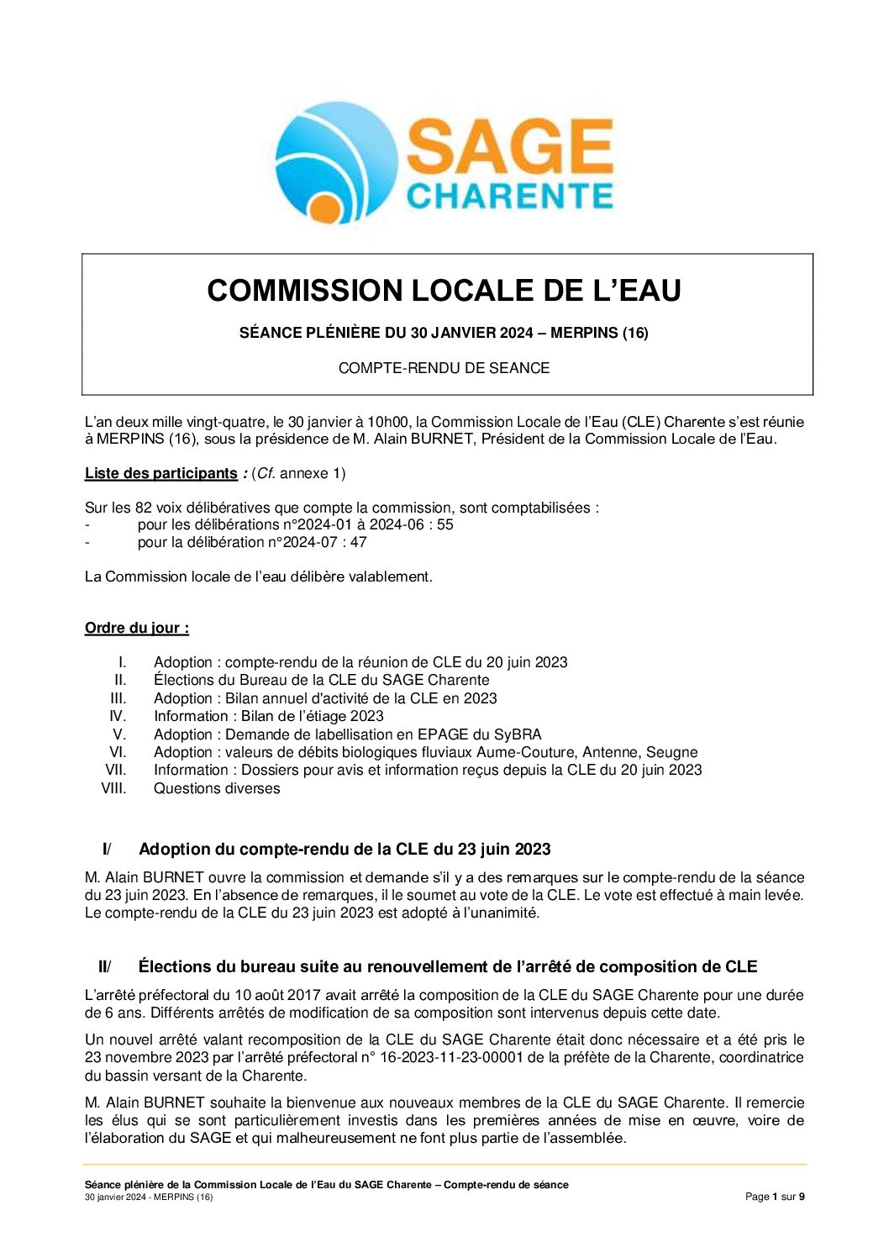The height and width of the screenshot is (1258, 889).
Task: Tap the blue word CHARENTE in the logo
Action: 509,196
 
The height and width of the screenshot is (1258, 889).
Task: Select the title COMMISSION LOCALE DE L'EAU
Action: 444,291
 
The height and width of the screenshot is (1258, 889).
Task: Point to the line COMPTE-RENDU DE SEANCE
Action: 444,368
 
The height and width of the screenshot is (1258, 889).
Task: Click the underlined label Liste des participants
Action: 160,473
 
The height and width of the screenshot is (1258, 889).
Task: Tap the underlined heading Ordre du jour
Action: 136,628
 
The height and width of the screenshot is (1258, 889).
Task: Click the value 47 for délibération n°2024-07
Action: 359,542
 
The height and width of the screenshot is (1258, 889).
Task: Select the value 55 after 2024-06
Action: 444,524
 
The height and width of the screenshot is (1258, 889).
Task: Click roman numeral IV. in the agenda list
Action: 118,716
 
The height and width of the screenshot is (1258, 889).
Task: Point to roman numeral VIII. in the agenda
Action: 113,788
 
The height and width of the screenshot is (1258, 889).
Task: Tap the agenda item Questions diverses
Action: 217,788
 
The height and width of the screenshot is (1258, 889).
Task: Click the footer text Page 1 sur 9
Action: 775,1197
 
